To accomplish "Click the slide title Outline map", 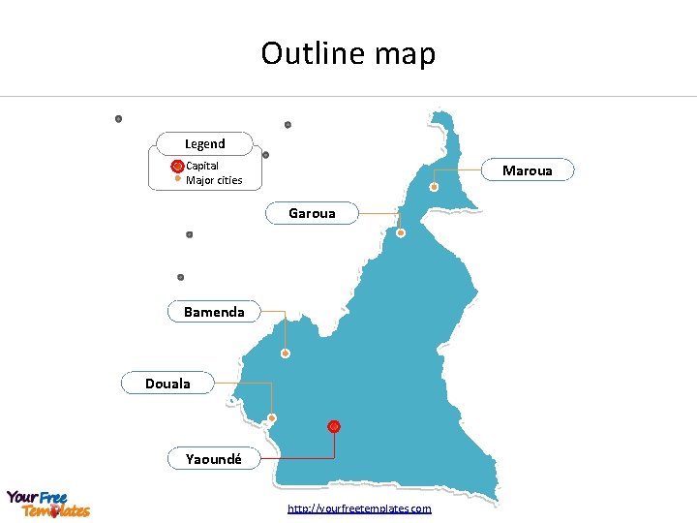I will pyautogui.click(x=348, y=53).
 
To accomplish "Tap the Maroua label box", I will pyautogui.click(x=528, y=170).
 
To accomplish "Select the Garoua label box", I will pyautogui.click(x=312, y=213).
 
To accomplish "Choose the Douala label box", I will pyautogui.click(x=167, y=384).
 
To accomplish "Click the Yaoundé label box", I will pyautogui.click(x=214, y=458).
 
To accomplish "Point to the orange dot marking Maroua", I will pyautogui.click(x=435, y=187).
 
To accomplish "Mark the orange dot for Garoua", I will pyautogui.click(x=401, y=232).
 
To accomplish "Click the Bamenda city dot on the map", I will pyautogui.click(x=286, y=354).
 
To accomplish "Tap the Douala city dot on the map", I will pyautogui.click(x=272, y=418).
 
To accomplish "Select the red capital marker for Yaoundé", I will pyautogui.click(x=334, y=426).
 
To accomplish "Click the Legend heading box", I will pyautogui.click(x=204, y=143).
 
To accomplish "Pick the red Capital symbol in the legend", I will pyautogui.click(x=177, y=167).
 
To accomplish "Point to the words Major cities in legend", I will pyautogui.click(x=214, y=180).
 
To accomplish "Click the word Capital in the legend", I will pyautogui.click(x=202, y=166).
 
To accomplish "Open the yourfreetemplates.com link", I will pyautogui.click(x=359, y=508).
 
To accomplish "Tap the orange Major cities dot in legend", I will pyautogui.click(x=177, y=179).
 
